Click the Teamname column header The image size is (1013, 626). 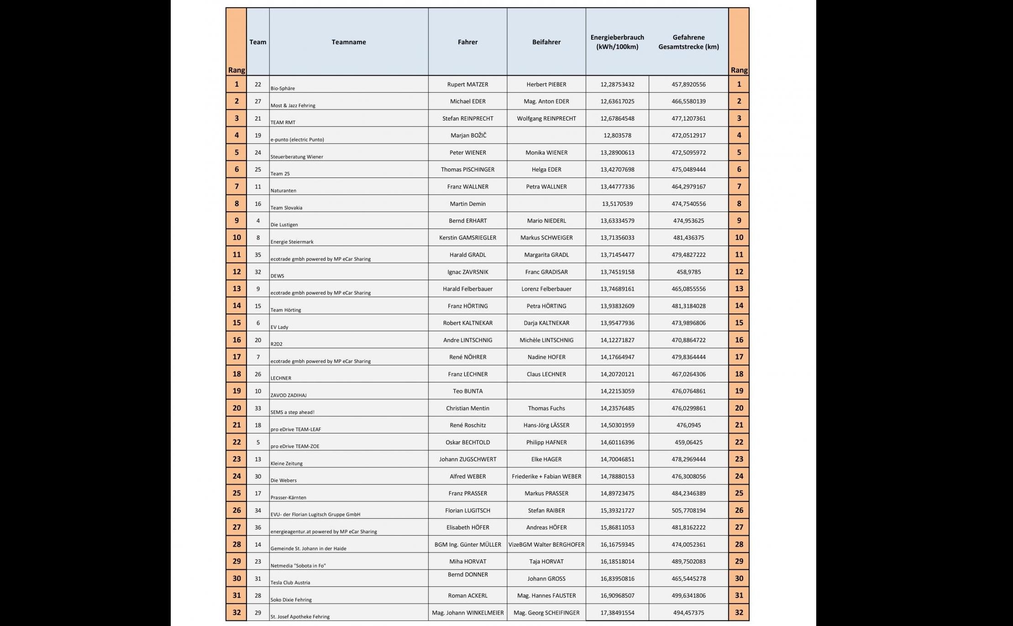click(x=349, y=42)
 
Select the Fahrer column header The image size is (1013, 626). click(x=467, y=42)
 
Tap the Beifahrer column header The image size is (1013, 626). click(x=546, y=42)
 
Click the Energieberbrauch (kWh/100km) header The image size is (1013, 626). click(x=617, y=42)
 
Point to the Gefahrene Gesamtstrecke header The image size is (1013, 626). click(x=688, y=42)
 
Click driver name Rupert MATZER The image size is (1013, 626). click(x=467, y=84)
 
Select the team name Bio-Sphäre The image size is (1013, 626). click(x=283, y=89)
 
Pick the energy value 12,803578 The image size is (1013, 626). click(x=617, y=136)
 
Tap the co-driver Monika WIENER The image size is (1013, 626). click(x=546, y=152)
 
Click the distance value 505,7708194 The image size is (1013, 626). click(x=688, y=511)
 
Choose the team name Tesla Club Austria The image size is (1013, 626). click(x=290, y=583)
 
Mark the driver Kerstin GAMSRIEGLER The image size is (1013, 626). click(x=467, y=238)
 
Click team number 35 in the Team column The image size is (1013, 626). click(x=258, y=255)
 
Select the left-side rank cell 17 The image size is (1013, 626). click(x=236, y=357)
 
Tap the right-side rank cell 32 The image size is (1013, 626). click(x=739, y=612)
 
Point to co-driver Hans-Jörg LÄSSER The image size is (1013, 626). click(x=546, y=425)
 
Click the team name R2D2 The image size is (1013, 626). click(x=276, y=344)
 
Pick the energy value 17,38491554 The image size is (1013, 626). click(x=617, y=613)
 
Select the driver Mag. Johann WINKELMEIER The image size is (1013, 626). click(x=467, y=613)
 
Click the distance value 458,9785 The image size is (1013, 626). click(x=688, y=272)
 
